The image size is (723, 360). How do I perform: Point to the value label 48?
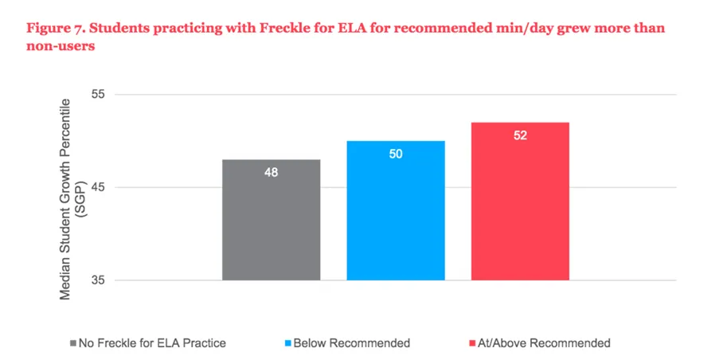coord(271,172)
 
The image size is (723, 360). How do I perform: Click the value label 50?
coord(396,154)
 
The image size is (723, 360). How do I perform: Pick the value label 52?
coord(520,135)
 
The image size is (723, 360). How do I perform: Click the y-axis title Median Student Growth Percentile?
coord(66,199)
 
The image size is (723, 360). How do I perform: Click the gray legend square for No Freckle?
coord(73,343)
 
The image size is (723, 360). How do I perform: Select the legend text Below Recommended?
coord(352,343)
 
